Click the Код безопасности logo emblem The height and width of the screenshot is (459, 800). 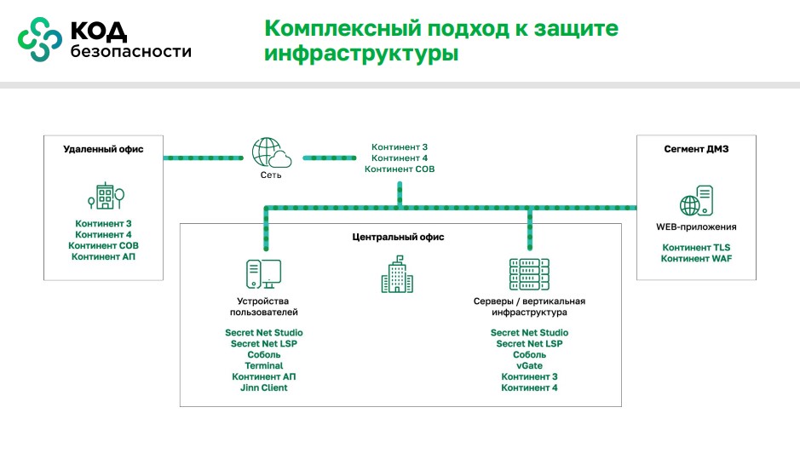point(40,39)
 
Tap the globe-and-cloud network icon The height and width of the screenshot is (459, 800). point(272,154)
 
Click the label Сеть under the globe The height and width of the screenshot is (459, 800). point(271,175)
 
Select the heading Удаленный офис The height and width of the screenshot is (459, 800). point(103,149)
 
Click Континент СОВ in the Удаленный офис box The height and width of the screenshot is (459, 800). point(104,245)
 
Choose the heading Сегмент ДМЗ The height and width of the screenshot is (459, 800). point(696,149)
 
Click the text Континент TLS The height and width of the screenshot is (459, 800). point(696,248)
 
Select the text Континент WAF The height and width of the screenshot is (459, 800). point(696,259)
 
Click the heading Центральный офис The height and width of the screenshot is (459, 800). point(398,237)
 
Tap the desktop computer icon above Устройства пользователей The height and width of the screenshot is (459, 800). point(263,274)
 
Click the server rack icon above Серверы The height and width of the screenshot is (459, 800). point(529,274)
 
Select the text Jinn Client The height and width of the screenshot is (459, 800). point(264,388)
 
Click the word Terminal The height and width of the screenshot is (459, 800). point(264,365)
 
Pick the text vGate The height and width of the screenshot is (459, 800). point(529,365)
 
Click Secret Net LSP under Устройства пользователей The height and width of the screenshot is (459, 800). point(264,343)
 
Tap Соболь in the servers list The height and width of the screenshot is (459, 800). point(529,354)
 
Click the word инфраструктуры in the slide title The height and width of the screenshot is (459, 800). point(361,54)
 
